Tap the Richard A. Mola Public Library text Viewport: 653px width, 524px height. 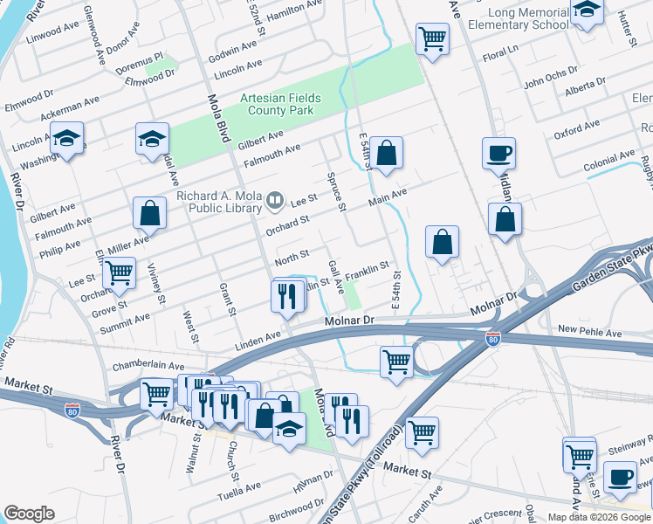pos(218,202)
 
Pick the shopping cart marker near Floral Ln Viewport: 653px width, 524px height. pos(432,38)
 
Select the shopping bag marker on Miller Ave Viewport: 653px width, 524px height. pos(149,212)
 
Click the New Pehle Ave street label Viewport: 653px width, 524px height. pos(589,329)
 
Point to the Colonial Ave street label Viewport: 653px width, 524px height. pos(609,162)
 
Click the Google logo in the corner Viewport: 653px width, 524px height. pos(29,514)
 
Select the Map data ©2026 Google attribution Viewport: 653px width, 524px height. pos(598,517)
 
